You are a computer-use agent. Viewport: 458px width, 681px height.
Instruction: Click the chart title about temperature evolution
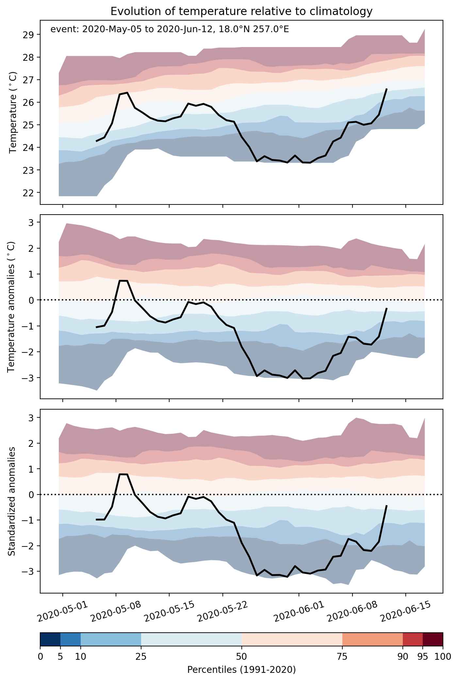241,11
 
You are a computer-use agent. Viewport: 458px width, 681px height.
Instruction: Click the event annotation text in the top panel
170,30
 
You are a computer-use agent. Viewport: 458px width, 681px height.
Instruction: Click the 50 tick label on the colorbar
241,657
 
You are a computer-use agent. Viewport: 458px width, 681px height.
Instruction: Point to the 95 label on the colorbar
423,657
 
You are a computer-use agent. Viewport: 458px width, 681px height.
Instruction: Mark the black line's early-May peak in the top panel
127,93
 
